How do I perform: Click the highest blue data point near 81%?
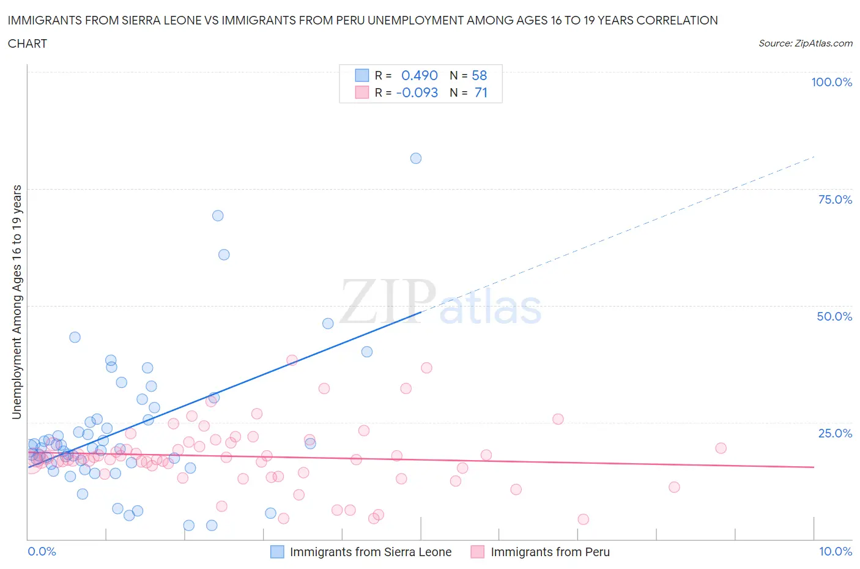coord(416,158)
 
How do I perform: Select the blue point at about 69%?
coord(218,216)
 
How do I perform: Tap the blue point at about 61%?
coord(224,255)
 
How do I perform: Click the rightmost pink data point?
coord(721,448)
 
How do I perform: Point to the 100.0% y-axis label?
coord(831,83)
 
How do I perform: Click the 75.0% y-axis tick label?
coord(835,199)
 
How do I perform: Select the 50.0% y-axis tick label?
coord(834,316)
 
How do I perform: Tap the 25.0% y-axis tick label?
coord(835,433)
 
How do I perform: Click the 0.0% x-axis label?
coord(42,551)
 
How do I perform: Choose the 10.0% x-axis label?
coord(836,551)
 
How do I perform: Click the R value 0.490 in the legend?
coord(420,75)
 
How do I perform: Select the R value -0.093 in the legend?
coord(417,92)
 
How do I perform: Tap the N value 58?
coord(480,75)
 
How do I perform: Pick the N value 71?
coord(481,92)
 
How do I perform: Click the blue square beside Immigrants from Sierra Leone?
coord(277,552)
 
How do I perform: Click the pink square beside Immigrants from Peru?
coord(478,552)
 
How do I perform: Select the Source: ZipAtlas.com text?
coord(805,43)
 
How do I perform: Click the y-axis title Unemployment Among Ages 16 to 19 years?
coord(17,302)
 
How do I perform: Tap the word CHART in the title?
coord(28,43)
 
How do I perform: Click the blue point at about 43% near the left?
coord(75,337)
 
